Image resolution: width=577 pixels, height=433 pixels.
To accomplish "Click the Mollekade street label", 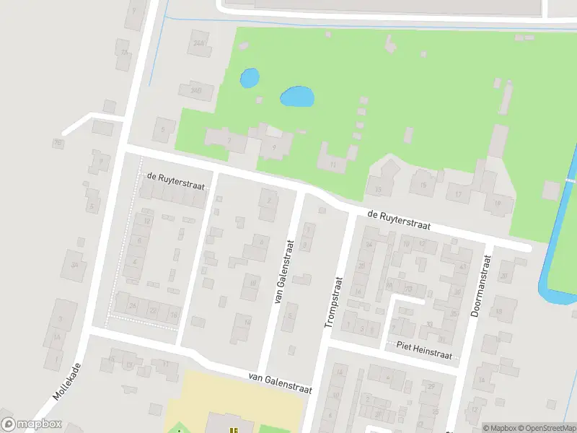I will click(67, 382).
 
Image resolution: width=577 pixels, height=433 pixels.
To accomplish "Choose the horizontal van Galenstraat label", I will click(279, 382).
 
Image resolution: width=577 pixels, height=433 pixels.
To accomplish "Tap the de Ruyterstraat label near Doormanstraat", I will click(398, 220).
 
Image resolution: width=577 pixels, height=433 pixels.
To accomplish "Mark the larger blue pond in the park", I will click(297, 96).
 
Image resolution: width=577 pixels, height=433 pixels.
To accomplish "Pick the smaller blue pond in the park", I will click(249, 78).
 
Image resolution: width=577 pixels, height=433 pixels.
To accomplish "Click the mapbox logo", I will click(32, 424).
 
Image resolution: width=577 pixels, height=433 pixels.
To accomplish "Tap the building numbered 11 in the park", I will click(332, 165).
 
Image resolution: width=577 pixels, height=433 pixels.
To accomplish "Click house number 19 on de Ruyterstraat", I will click(498, 204).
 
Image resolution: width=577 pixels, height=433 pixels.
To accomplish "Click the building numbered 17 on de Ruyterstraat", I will click(458, 194).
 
